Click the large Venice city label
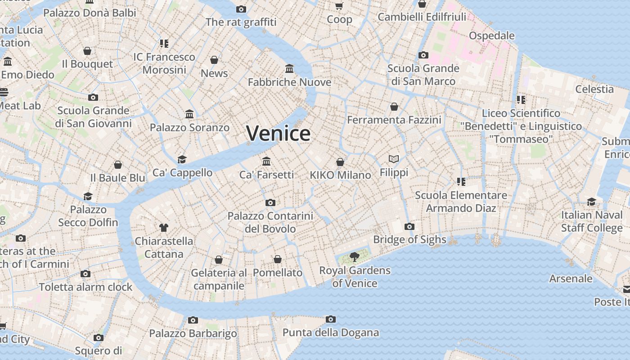click(x=278, y=133)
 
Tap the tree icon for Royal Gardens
click(x=355, y=257)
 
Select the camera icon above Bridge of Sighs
click(x=409, y=226)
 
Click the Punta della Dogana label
click(x=331, y=333)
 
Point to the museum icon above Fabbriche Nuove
click(x=289, y=69)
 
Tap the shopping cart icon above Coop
click(x=339, y=6)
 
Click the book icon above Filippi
click(x=394, y=159)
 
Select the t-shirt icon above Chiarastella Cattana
click(x=163, y=228)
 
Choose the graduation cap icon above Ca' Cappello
click(x=182, y=159)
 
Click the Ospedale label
click(x=491, y=36)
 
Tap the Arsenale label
click(x=571, y=279)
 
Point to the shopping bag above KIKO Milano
click(x=340, y=162)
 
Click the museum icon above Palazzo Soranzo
click(x=189, y=114)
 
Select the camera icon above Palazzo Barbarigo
click(x=193, y=320)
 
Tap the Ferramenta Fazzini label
click(x=394, y=120)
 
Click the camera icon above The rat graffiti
click(x=241, y=9)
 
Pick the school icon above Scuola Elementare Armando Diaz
click(x=461, y=182)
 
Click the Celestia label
click(x=594, y=89)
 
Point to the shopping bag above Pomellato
click(x=278, y=259)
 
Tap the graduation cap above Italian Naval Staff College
click(x=591, y=202)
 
